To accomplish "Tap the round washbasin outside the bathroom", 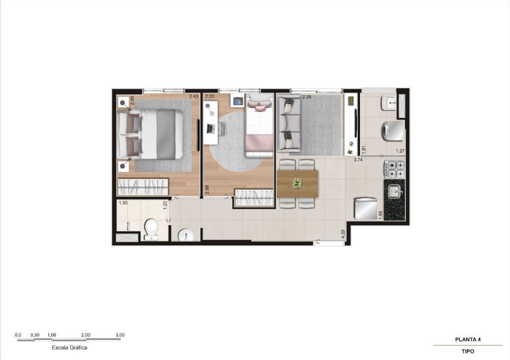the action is pyautogui.click(x=186, y=235).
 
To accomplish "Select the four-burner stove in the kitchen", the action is pyautogui.click(x=394, y=169).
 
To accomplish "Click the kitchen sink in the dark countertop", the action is pyautogui.click(x=395, y=192).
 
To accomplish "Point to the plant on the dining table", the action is pyautogui.click(x=297, y=183).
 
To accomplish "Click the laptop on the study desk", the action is pyautogui.click(x=210, y=128).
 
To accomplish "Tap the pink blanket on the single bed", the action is pyautogui.click(x=259, y=143).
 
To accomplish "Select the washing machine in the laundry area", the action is pyautogui.click(x=393, y=131).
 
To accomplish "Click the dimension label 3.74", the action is pyautogui.click(x=358, y=160).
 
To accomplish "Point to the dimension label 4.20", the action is pyautogui.click(x=343, y=235).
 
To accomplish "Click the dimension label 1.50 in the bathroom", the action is pyautogui.click(x=123, y=203).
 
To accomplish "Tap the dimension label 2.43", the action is pyautogui.click(x=194, y=96).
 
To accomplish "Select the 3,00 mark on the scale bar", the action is pyautogui.click(x=120, y=335).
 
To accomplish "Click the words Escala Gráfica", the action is pyautogui.click(x=70, y=348).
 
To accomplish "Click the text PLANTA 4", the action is pyautogui.click(x=468, y=340).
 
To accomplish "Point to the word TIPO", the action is pyautogui.click(x=468, y=351).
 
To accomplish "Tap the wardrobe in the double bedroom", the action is pyautogui.click(x=143, y=187).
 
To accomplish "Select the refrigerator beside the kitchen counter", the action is pyautogui.click(x=366, y=209).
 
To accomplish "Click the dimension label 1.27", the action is pyautogui.click(x=400, y=151).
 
